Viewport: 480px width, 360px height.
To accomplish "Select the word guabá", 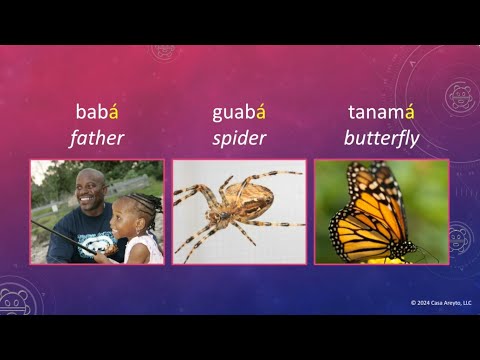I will click(238, 112).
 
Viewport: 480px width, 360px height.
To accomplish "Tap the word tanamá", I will click(381, 112).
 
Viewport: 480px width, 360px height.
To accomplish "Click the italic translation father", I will click(96, 138).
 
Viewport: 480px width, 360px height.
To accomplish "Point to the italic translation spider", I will click(238, 138).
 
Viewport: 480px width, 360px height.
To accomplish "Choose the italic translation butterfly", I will click(381, 138).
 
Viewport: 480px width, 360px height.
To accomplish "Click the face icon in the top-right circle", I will click(458, 97).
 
